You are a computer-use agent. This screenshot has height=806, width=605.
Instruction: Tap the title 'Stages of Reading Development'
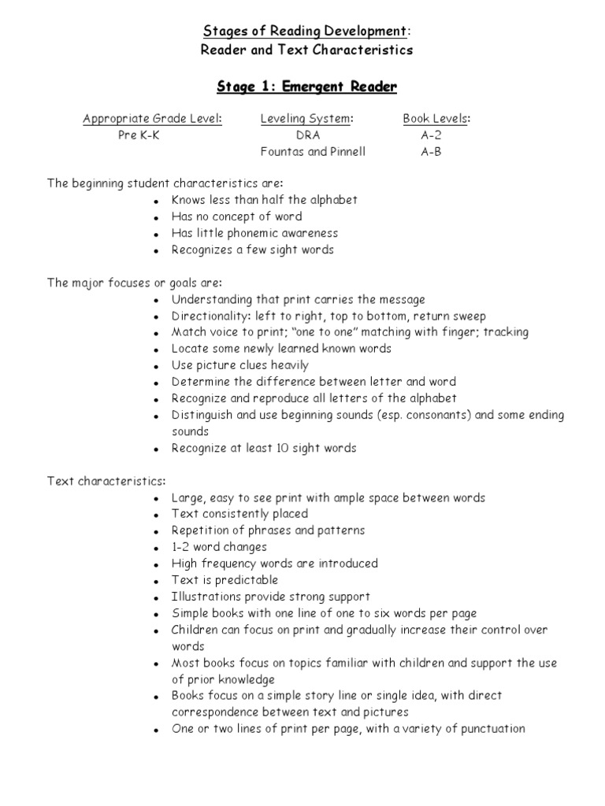pos(306,31)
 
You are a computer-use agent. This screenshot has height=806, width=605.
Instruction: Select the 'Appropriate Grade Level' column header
pos(153,119)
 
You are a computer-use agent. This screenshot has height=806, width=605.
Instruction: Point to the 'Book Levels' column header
pos(436,119)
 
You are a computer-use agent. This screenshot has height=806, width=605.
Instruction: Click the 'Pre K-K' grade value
pos(139,135)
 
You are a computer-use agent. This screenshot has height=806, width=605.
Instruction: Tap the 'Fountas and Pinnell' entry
pos(313,152)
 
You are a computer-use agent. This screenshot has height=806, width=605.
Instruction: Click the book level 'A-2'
pos(431,135)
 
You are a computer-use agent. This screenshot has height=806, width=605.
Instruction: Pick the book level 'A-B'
pos(431,152)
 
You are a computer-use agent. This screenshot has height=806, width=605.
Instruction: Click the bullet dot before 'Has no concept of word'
pos(157,217)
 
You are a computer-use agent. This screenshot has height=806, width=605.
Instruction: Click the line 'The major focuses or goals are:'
pos(135,283)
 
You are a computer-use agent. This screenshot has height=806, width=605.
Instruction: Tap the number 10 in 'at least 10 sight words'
pos(278,448)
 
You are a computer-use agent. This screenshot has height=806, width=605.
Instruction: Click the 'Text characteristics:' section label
pos(106,481)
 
